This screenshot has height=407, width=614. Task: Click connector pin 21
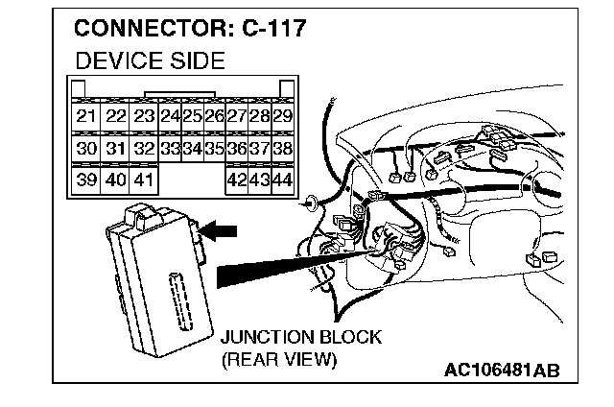click(86, 116)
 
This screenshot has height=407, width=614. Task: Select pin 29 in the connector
click(282, 116)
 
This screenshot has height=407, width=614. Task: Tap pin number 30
click(86, 149)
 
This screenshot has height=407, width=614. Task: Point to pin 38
click(282, 149)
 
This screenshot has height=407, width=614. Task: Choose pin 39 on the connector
click(86, 180)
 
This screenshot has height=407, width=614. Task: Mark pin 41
click(144, 180)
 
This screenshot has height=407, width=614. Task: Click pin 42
click(236, 180)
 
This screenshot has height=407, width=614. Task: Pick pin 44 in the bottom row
click(282, 180)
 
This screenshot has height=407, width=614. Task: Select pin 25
click(193, 116)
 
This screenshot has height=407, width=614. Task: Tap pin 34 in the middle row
click(193, 149)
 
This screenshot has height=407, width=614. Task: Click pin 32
click(144, 149)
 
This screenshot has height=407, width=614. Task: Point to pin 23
click(144, 116)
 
